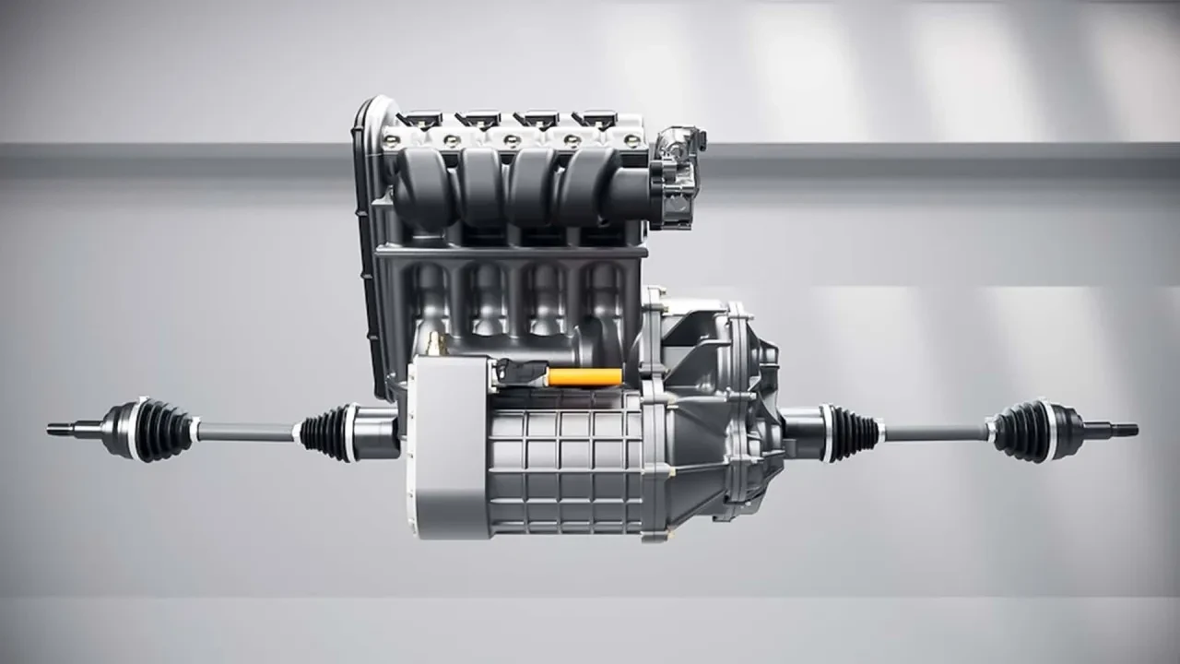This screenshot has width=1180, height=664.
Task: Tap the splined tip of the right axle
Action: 1124,430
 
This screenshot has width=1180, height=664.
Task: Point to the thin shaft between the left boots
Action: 244,431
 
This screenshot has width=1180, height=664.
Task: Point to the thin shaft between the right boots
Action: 936,431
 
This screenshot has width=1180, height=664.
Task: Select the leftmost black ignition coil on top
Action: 421,119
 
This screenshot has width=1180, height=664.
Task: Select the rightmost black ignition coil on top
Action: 595,119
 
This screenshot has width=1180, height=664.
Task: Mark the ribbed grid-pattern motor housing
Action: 562,461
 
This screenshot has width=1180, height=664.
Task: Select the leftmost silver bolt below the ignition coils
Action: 392,140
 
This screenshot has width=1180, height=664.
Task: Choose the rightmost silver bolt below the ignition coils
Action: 631,140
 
